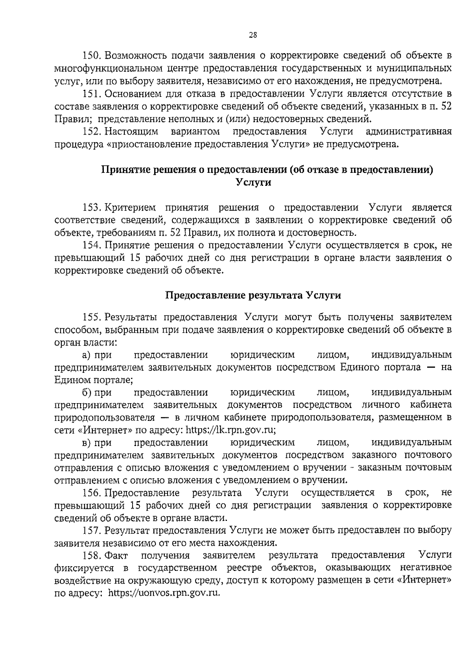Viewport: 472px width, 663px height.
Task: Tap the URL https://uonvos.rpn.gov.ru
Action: tap(164, 593)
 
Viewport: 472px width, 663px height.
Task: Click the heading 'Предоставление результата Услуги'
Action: tap(253, 295)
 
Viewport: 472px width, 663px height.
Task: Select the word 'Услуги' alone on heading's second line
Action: tap(253, 183)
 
